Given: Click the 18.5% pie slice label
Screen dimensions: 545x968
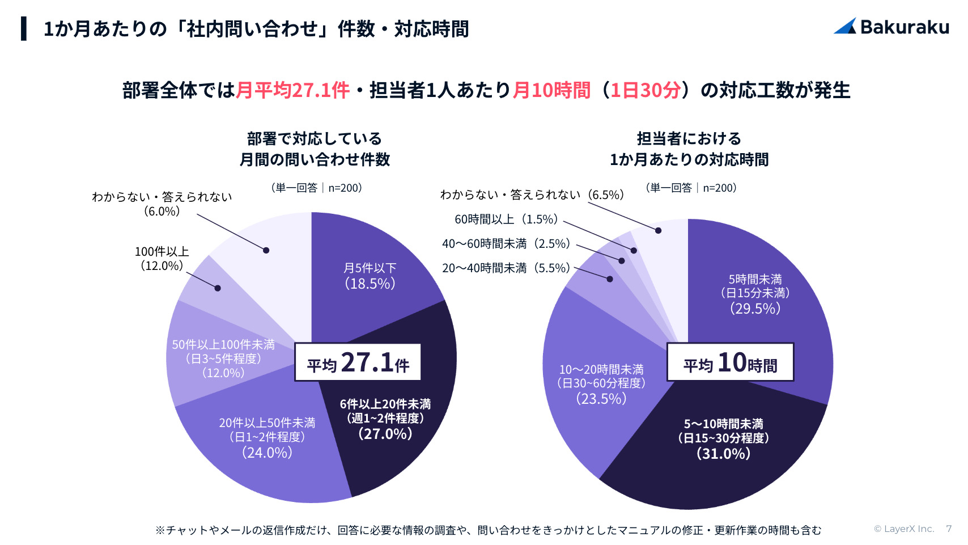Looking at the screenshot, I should (x=370, y=276).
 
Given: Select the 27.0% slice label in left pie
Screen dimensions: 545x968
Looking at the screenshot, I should (x=385, y=419).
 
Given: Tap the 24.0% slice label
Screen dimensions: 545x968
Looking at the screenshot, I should (x=267, y=438).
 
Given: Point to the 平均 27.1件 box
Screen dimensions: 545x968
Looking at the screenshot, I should (x=358, y=362).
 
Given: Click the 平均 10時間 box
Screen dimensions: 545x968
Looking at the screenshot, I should (x=730, y=362).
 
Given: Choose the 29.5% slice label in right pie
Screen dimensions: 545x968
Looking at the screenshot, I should (x=755, y=294).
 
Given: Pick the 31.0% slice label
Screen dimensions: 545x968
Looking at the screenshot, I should (x=723, y=439).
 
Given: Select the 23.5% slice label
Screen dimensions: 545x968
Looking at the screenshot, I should (x=601, y=385).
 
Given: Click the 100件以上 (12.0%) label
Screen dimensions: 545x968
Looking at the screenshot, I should (x=162, y=259).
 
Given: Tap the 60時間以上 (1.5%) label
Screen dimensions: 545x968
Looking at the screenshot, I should (x=506, y=219).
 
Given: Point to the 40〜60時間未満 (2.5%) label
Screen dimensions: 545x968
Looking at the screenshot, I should (x=506, y=244).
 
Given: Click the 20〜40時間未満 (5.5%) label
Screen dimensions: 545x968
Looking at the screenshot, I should (x=506, y=268).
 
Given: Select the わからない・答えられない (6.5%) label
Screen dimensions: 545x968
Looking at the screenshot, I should (x=532, y=195).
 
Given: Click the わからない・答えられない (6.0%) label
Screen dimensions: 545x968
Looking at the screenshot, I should (x=162, y=204).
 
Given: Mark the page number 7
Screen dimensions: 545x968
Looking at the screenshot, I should (x=949, y=529).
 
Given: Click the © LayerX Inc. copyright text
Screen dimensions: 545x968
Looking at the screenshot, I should (x=903, y=529).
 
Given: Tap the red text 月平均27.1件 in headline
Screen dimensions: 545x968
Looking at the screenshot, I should (x=292, y=91).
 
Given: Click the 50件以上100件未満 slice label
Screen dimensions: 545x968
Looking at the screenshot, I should (x=223, y=358).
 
